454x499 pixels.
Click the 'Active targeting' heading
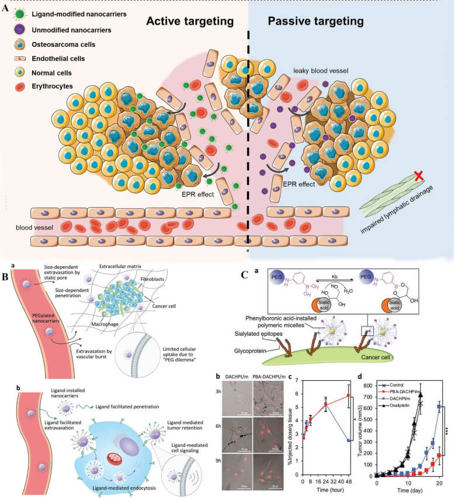tap(190, 22)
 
